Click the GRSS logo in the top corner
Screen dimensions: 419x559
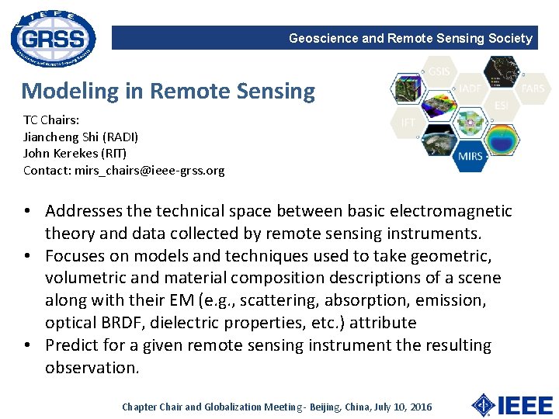pos(54,37)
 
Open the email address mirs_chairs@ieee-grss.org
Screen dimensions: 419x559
pos(149,170)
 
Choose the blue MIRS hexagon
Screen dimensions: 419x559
pos(470,155)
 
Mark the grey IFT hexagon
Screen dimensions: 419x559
pos(408,122)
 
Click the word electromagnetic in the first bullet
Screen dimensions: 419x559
pos(460,211)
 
